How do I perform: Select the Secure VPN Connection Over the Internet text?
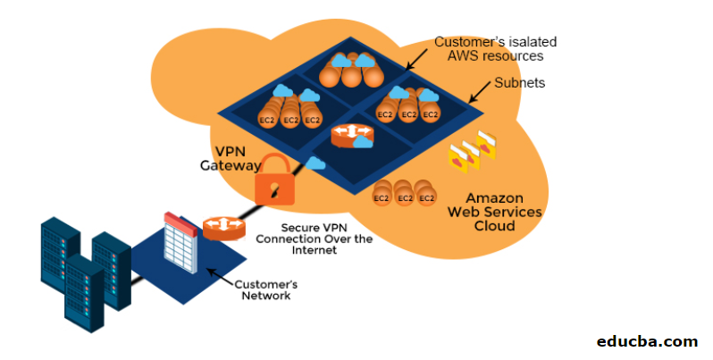[307, 239]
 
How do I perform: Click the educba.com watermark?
[647, 341]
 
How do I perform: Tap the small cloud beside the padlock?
[315, 163]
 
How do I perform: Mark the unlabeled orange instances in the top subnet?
[351, 70]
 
